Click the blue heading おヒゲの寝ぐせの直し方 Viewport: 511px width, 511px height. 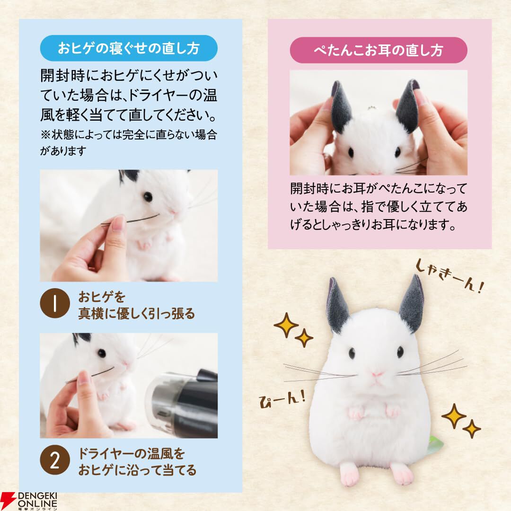129,48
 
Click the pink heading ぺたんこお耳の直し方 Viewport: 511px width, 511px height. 379,50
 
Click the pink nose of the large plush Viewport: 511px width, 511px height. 376,374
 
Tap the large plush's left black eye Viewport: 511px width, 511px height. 352,353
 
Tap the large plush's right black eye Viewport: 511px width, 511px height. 400,352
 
